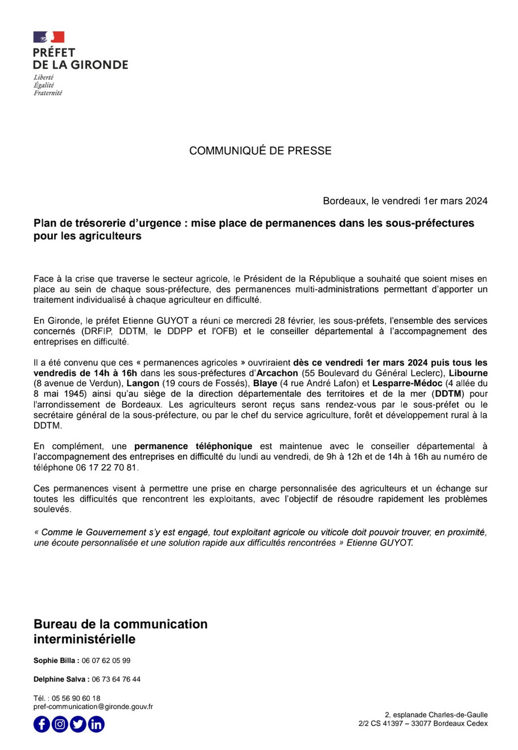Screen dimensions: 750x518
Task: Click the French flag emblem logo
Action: point(49,37)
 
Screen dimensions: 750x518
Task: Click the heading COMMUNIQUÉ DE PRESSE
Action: point(260,151)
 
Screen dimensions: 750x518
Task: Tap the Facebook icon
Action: point(42,724)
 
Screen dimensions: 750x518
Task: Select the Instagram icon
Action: point(60,724)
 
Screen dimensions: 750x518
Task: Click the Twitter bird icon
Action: point(78,724)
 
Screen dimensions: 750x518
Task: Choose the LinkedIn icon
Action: point(96,724)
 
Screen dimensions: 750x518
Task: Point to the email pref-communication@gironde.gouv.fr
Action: point(93,706)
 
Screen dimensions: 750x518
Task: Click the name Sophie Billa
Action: point(54,661)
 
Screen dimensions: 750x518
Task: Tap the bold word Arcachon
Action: point(277,373)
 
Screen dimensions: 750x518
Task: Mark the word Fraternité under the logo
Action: point(48,93)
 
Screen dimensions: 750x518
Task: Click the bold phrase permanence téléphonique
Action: point(193,446)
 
